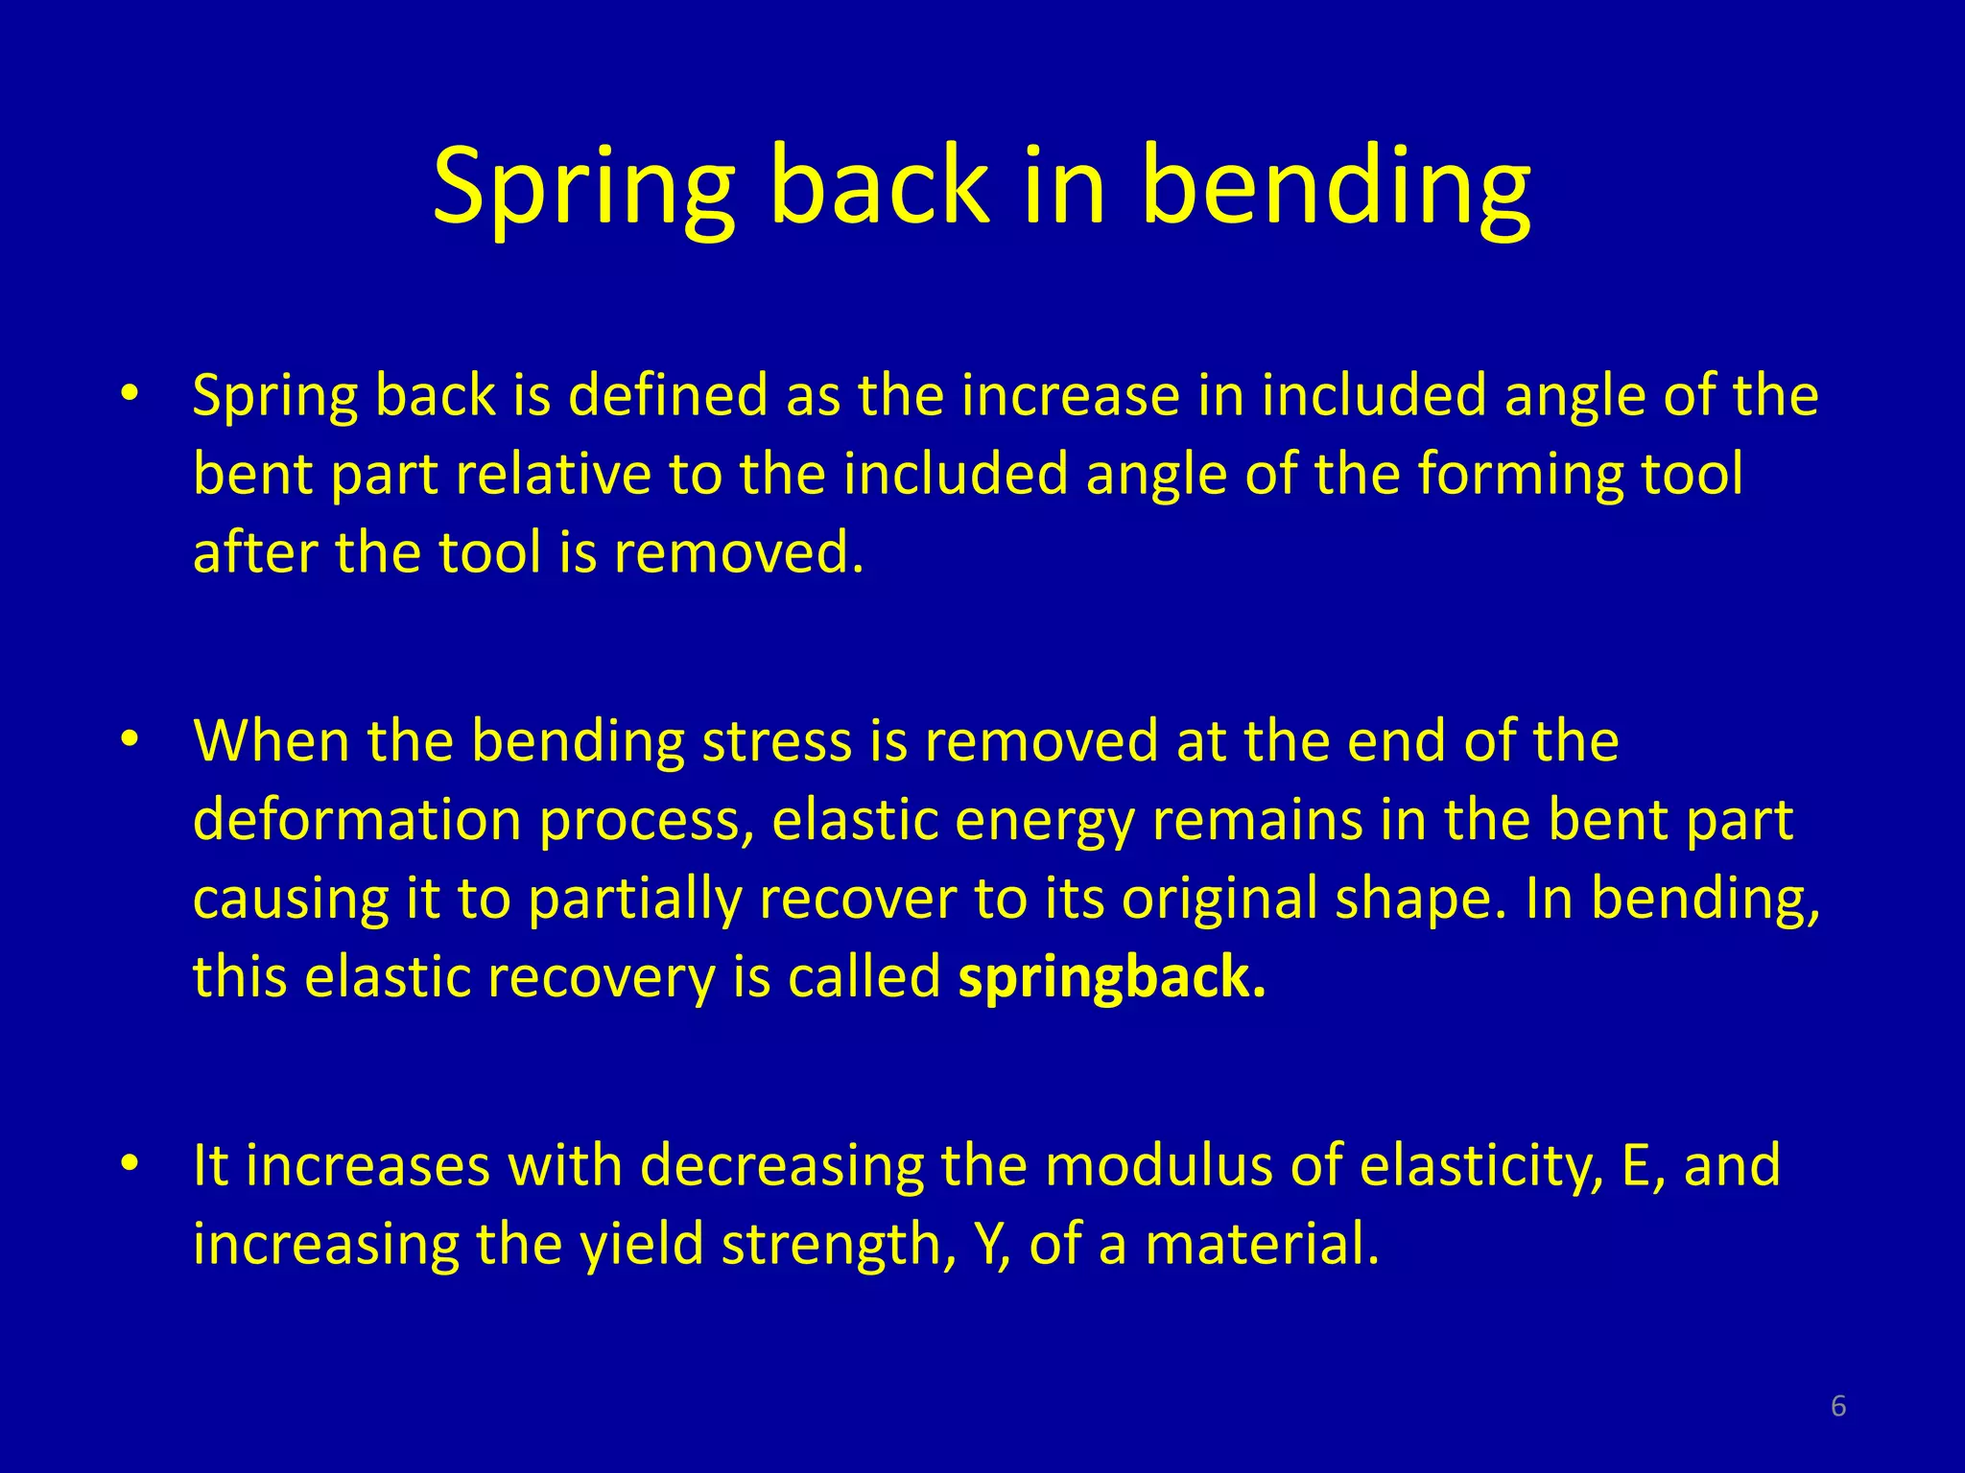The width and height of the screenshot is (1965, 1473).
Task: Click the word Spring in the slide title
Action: [x=583, y=187]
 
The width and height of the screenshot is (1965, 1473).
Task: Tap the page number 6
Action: [x=1837, y=1406]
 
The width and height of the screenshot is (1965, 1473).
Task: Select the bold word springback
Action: [x=1111, y=978]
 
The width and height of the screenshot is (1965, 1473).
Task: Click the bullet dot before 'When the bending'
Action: [x=130, y=739]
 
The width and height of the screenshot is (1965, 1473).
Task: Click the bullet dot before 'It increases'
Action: [x=130, y=1163]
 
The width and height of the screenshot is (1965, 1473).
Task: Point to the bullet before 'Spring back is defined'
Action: [x=130, y=393]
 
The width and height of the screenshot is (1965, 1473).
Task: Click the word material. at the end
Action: [x=1261, y=1244]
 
